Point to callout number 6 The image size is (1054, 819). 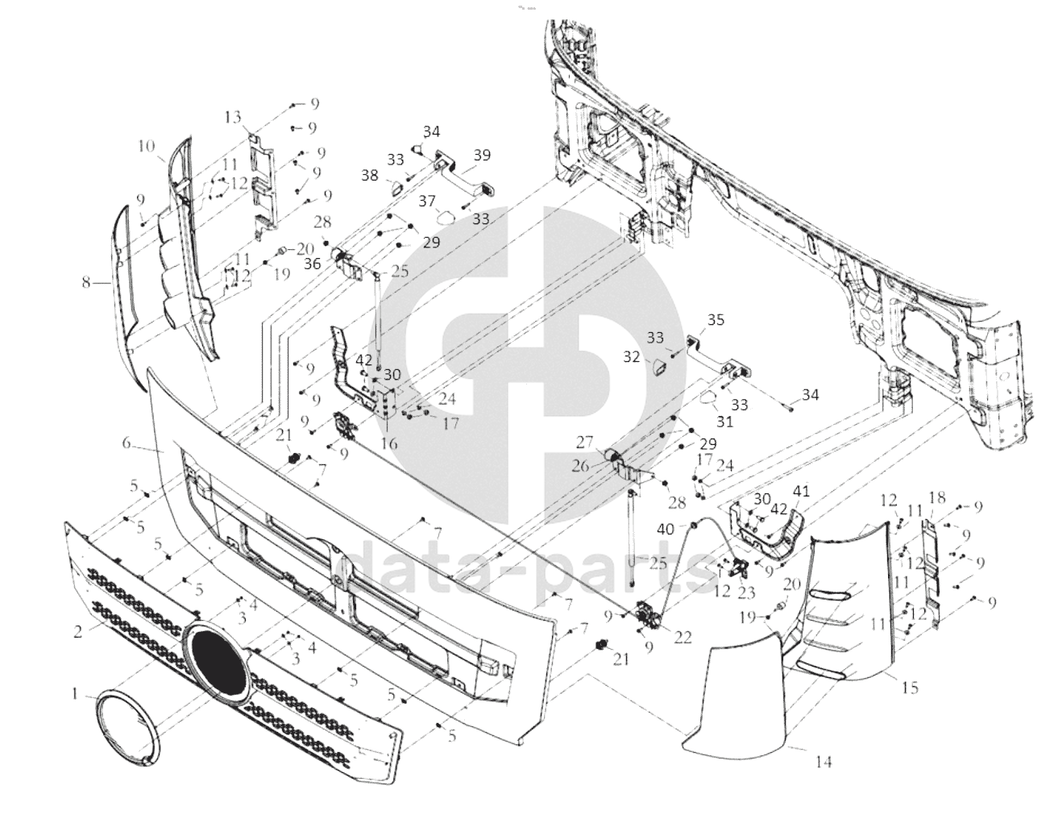[x=127, y=443]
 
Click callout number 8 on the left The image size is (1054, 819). [x=86, y=282]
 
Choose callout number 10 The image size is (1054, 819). [x=146, y=147]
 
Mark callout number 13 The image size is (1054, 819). [x=233, y=118]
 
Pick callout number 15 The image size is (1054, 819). [x=911, y=688]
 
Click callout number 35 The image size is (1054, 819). [x=716, y=320]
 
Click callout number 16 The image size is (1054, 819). [x=389, y=443]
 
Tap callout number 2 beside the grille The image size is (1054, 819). [x=77, y=632]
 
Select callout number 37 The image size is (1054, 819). [x=425, y=200]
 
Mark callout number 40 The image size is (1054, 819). [x=666, y=529]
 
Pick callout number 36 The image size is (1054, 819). [x=313, y=263]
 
